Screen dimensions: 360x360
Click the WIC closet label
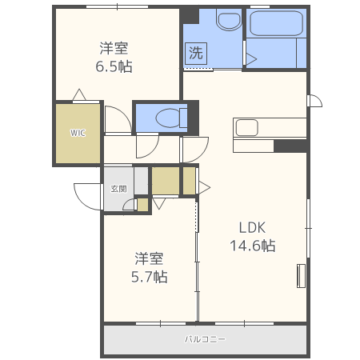click(78, 133)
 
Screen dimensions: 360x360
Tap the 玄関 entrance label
click(118, 189)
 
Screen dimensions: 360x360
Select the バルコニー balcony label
click(205, 339)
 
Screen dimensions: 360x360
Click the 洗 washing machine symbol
click(196, 54)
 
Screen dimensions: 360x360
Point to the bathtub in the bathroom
click(276, 23)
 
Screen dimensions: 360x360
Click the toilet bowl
click(171, 118)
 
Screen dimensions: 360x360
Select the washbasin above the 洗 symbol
click(229, 19)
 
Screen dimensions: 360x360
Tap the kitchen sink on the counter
click(247, 128)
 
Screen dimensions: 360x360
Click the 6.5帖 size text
click(114, 66)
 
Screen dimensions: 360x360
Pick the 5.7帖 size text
click(150, 277)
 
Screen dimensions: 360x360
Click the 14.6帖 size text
click(253, 246)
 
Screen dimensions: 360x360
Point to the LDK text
click(252, 227)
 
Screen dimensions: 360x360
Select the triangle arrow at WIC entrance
click(79, 94)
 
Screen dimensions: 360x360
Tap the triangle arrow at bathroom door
click(251, 59)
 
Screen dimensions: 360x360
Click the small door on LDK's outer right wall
click(314, 101)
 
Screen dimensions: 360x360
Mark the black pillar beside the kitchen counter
click(290, 146)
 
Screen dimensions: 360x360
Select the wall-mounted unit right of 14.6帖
click(301, 276)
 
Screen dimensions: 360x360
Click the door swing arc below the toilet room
click(147, 147)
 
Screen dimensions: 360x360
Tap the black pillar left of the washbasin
click(190, 15)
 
